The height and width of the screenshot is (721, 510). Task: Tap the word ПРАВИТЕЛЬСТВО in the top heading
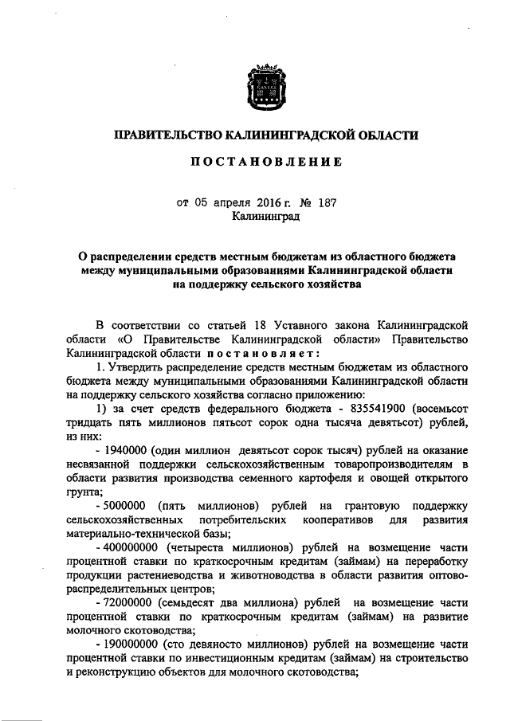point(167,135)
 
